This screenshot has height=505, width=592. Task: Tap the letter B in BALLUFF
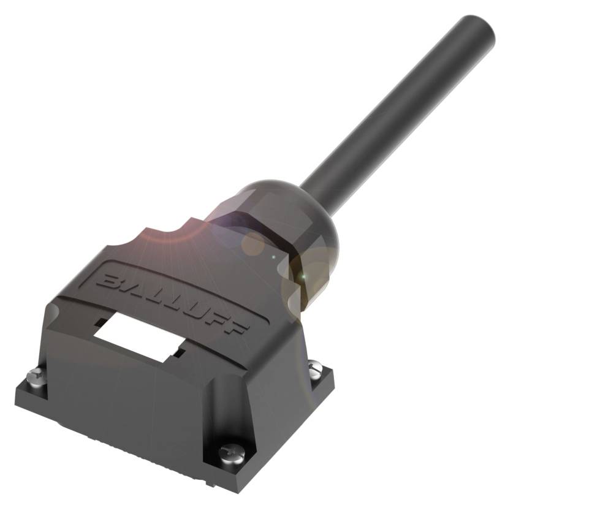point(108,281)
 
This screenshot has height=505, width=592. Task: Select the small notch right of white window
point(178,354)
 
